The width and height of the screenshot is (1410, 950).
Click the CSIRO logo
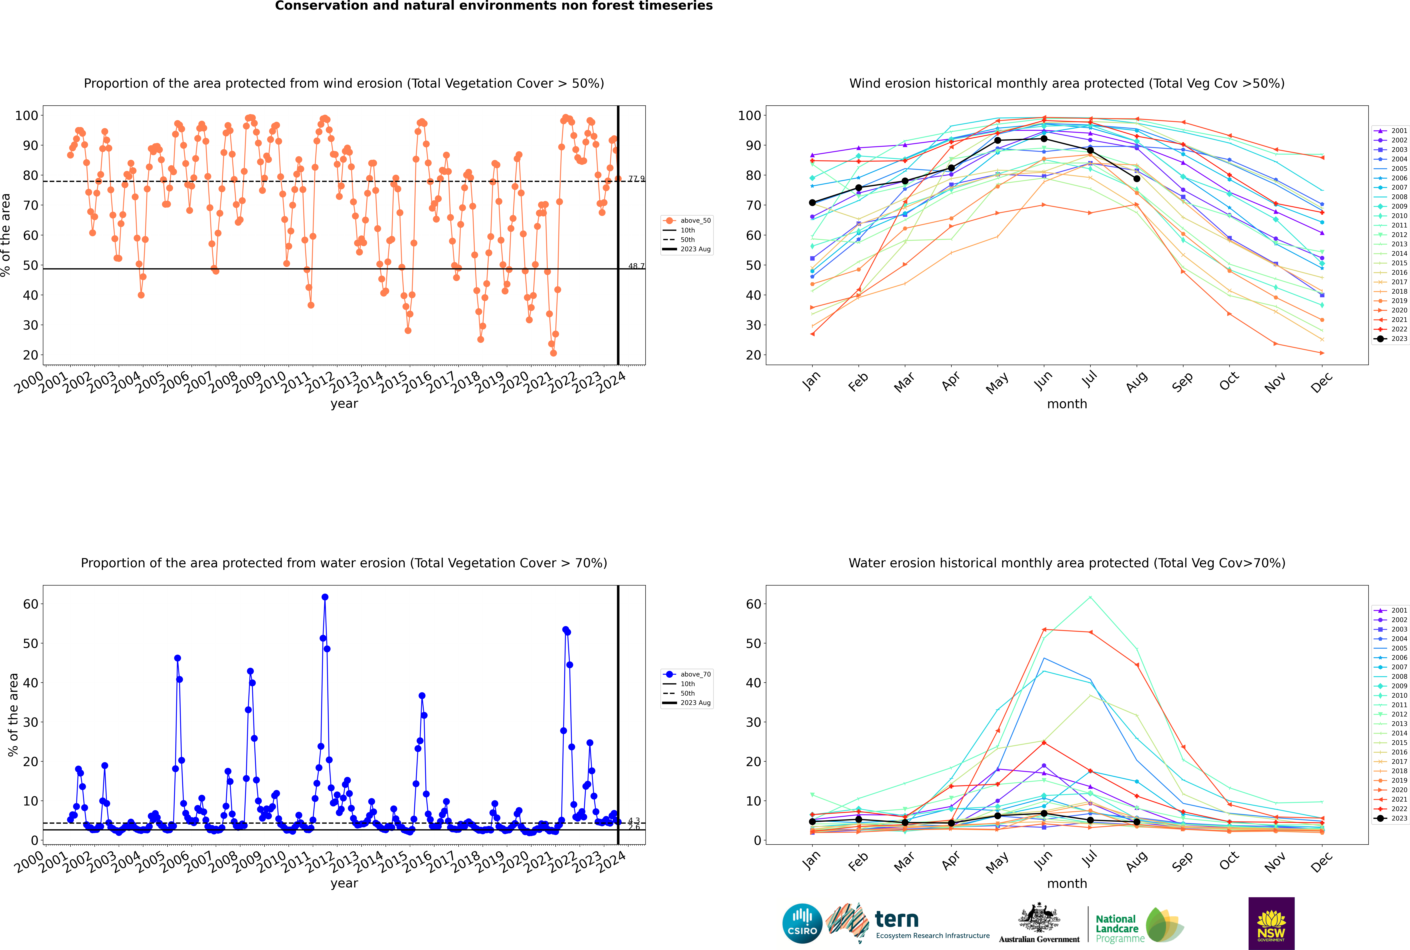(802, 923)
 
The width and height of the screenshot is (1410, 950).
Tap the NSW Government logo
(1271, 923)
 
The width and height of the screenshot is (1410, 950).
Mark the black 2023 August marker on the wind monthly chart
(1137, 179)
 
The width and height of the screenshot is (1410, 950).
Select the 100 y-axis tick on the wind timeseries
(27, 115)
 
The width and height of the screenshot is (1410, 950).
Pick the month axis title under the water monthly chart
(1067, 883)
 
